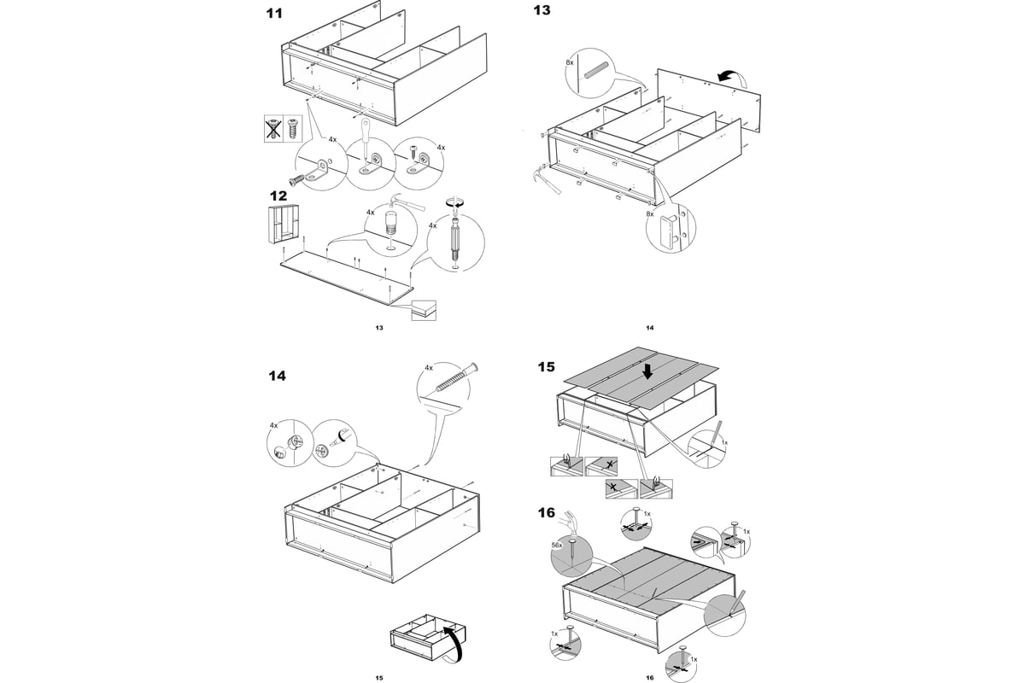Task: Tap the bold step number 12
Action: pos(278,196)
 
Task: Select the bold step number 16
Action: pos(546,513)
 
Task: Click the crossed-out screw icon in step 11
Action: pos(272,129)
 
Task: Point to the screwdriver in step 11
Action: pos(366,137)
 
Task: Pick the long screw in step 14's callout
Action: pos(454,379)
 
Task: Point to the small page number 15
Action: pos(378,678)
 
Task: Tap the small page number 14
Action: pos(649,328)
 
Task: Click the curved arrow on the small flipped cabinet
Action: pos(456,642)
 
